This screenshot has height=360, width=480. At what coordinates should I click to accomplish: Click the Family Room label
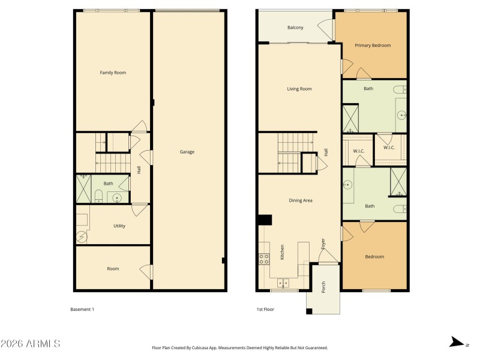[113, 73]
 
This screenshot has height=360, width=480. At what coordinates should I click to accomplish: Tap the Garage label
[187, 152]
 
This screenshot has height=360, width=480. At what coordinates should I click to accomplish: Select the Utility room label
[119, 226]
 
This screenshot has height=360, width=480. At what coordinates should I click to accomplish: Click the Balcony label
[295, 28]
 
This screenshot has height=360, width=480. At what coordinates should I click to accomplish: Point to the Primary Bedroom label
[373, 45]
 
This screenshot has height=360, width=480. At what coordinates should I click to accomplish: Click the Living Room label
[299, 89]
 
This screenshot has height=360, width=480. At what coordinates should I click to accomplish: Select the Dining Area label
[300, 200]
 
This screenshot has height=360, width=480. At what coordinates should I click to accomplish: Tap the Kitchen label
[282, 253]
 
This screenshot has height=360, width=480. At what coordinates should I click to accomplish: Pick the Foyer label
[323, 244]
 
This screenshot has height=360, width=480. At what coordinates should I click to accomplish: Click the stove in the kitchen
[263, 259]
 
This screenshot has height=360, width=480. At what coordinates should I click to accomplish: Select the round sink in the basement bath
[117, 196]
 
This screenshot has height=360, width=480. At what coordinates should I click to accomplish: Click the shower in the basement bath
[83, 188]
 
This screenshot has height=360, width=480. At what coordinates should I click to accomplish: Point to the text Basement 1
[82, 310]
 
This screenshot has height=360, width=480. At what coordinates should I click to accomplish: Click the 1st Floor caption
[266, 310]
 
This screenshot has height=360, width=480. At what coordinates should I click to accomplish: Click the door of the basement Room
[146, 271]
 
